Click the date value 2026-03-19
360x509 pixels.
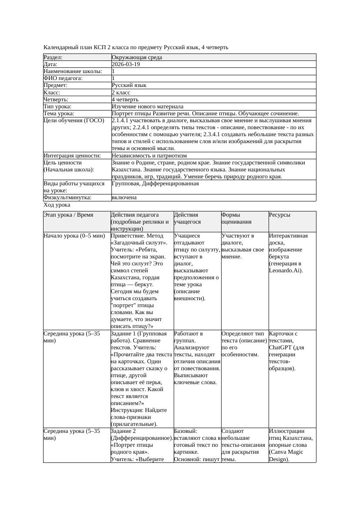[x=126, y=64]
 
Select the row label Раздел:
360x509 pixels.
[x=53, y=57]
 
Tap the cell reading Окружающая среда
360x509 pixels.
[x=135, y=57]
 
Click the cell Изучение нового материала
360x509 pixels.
[x=148, y=107]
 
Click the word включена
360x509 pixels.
[x=124, y=198]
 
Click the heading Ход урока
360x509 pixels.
[x=57, y=205]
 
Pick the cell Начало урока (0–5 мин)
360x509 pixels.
[x=74, y=236]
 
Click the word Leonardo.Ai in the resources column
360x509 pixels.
[x=286, y=271]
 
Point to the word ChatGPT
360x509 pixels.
[x=281, y=347]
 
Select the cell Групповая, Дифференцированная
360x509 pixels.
[x=155, y=184]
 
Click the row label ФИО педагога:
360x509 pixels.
[x=63, y=78]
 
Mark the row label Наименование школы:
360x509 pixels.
[x=73, y=71]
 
